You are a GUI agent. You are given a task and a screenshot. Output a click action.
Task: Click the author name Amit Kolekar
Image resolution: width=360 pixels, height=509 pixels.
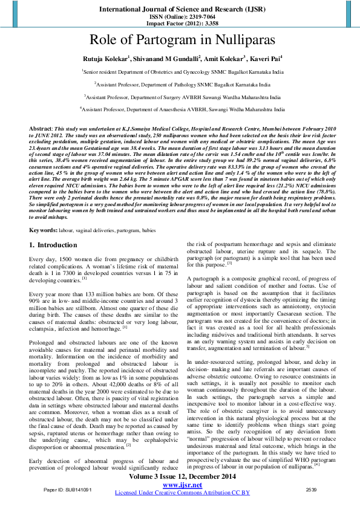[x=224, y=59]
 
